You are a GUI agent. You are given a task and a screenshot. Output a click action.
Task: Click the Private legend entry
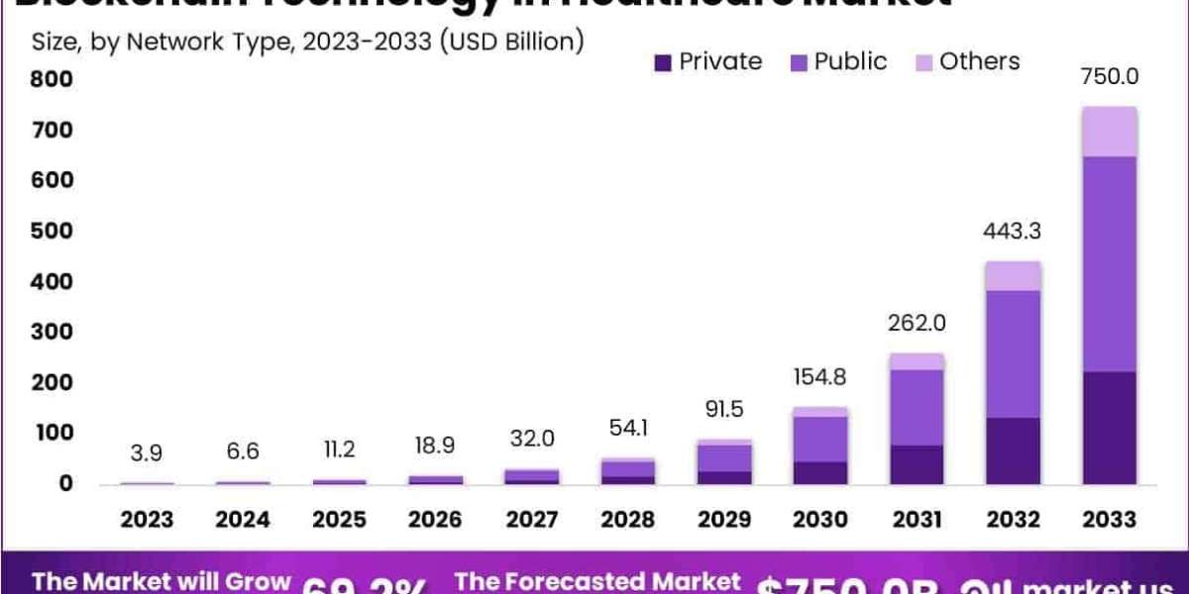point(708,61)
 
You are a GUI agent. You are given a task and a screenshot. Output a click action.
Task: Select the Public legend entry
point(837,61)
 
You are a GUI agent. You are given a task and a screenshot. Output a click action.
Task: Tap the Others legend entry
point(966,61)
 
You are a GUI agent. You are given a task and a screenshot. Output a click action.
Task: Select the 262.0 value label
point(917,323)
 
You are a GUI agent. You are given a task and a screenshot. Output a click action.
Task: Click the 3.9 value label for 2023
point(148,453)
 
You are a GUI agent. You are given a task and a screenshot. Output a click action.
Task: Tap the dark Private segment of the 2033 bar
point(1109,428)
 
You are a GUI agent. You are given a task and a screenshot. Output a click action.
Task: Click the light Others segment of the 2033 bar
point(1109,132)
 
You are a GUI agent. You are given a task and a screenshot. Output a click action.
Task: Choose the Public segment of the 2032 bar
point(1013,353)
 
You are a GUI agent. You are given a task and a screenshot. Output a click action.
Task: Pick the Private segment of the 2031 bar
point(917,464)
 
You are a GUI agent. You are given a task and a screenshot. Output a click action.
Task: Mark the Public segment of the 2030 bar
point(820,439)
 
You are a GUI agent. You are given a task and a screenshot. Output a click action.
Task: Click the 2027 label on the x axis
point(532,520)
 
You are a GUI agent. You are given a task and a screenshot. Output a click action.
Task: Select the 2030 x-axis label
point(820,520)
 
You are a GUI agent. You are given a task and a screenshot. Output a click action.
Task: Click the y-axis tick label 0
point(65,483)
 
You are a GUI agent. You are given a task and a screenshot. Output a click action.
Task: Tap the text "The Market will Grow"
point(162,581)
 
